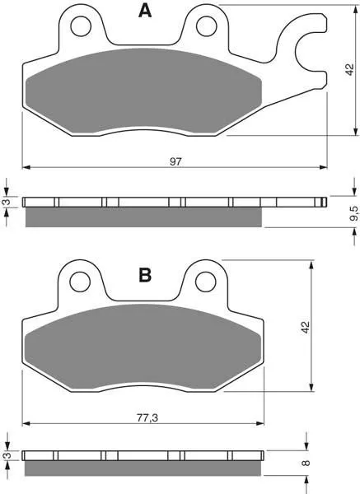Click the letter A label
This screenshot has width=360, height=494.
(145, 11)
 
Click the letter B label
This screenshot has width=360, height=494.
(145, 275)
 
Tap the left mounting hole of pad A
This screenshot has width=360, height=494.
(81, 26)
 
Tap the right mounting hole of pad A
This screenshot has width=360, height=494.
(207, 26)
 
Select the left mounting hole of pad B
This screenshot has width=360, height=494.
(80, 282)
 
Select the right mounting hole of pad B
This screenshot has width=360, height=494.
(205, 282)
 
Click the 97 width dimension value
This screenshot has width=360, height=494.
(176, 161)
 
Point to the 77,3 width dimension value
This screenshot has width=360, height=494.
(147, 417)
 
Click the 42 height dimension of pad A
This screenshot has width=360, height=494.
(349, 69)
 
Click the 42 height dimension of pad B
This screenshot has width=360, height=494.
(305, 328)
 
